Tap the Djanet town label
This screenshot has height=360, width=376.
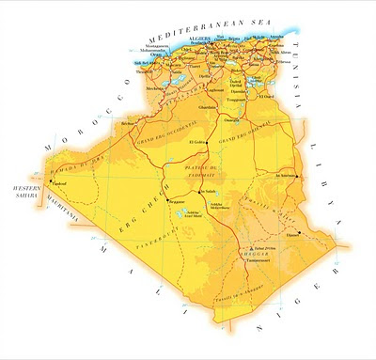click(292, 236)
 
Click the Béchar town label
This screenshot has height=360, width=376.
click(129, 123)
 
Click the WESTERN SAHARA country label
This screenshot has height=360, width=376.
click(23, 195)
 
